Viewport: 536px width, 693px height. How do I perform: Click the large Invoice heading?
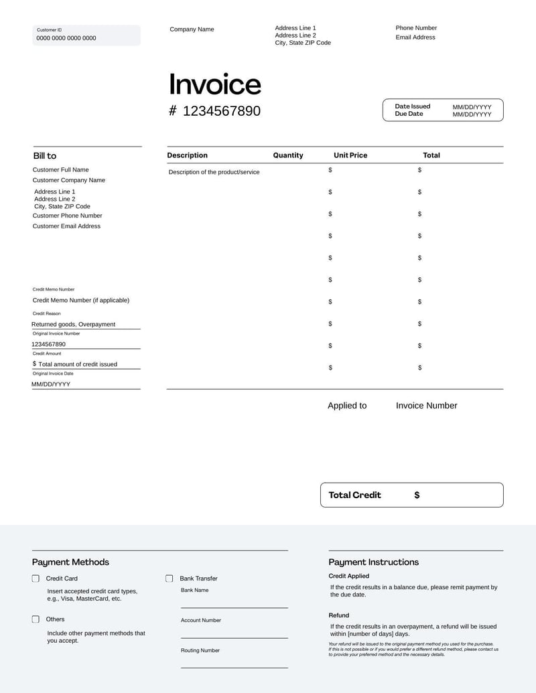[x=214, y=84]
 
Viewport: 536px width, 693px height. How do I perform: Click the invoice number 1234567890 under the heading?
[x=221, y=111]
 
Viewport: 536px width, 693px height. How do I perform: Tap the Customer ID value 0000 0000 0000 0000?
[x=66, y=38]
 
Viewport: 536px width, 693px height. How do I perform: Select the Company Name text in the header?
[x=192, y=29]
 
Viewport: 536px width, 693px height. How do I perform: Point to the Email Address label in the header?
[x=415, y=37]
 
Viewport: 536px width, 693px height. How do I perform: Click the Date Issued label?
[x=412, y=106]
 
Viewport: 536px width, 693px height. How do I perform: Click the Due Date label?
[x=409, y=114]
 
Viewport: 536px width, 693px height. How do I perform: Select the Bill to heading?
[x=45, y=156]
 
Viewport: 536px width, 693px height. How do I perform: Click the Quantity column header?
[x=288, y=155]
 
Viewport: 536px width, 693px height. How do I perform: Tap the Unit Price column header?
[x=350, y=155]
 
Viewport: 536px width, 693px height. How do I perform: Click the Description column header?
[x=187, y=155]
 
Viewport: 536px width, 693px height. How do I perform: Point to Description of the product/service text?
[x=214, y=172]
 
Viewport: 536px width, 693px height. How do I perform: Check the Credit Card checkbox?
[x=36, y=579]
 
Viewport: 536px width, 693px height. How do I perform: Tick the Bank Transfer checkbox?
[x=170, y=579]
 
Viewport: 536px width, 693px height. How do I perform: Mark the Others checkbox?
[x=36, y=619]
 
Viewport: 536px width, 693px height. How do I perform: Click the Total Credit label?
[x=354, y=495]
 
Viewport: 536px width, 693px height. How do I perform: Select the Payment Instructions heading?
[x=373, y=562]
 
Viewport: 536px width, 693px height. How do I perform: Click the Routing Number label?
[x=200, y=651]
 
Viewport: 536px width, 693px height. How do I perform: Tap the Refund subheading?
[x=338, y=615]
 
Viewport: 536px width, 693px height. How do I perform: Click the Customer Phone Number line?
[x=67, y=216]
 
